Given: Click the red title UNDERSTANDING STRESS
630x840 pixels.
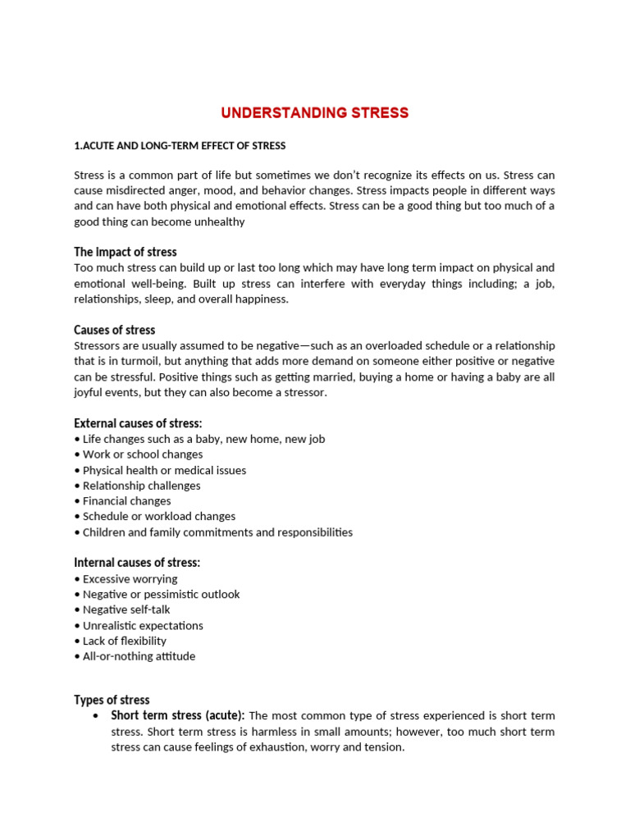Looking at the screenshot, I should coord(315,112).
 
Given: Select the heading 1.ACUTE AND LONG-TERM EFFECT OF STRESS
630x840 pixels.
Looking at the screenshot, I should coord(180,146).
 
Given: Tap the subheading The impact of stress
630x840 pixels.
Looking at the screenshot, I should coord(125,252).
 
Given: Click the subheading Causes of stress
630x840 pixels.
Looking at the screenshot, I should coord(114,330).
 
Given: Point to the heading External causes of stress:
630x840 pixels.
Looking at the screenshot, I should coord(137,423).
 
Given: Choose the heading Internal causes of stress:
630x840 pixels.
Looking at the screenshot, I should coord(136,563).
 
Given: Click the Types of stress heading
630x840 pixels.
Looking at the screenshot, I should coord(112,700).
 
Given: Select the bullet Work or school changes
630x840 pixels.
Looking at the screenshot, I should coord(142,454).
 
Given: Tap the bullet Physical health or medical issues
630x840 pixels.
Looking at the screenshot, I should coord(164,470).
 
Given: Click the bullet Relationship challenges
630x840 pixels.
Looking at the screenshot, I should coord(141,486).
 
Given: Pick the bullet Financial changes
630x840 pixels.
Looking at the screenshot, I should coord(126,501).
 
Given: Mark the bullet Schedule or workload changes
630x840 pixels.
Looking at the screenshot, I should coord(158,517).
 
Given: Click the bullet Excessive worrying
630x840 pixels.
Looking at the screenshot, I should coord(130,579).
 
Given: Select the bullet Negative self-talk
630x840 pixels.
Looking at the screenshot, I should coord(126,609).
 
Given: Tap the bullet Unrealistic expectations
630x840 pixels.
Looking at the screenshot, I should coord(143,625).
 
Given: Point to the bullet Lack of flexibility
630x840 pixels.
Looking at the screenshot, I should coord(124,641).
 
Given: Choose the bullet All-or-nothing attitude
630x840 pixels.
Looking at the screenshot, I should coord(139,656).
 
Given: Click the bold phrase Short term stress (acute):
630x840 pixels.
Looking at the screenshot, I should coord(177,715).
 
